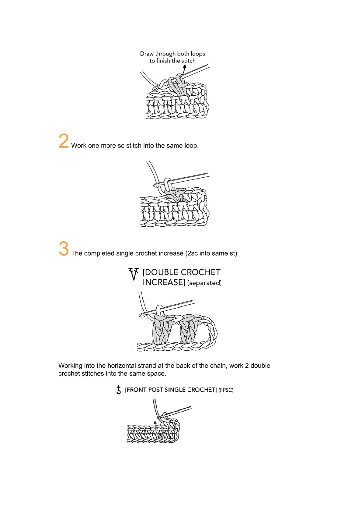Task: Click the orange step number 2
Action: [64, 141]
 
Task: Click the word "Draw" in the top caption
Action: [147, 54]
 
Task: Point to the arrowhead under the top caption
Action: [185, 66]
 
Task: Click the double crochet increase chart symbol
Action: [134, 274]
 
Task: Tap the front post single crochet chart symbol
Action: [118, 390]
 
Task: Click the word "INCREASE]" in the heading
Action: [164, 282]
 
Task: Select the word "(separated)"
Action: [204, 283]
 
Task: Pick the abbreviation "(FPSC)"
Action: [226, 390]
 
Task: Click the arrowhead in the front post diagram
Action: [155, 422]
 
